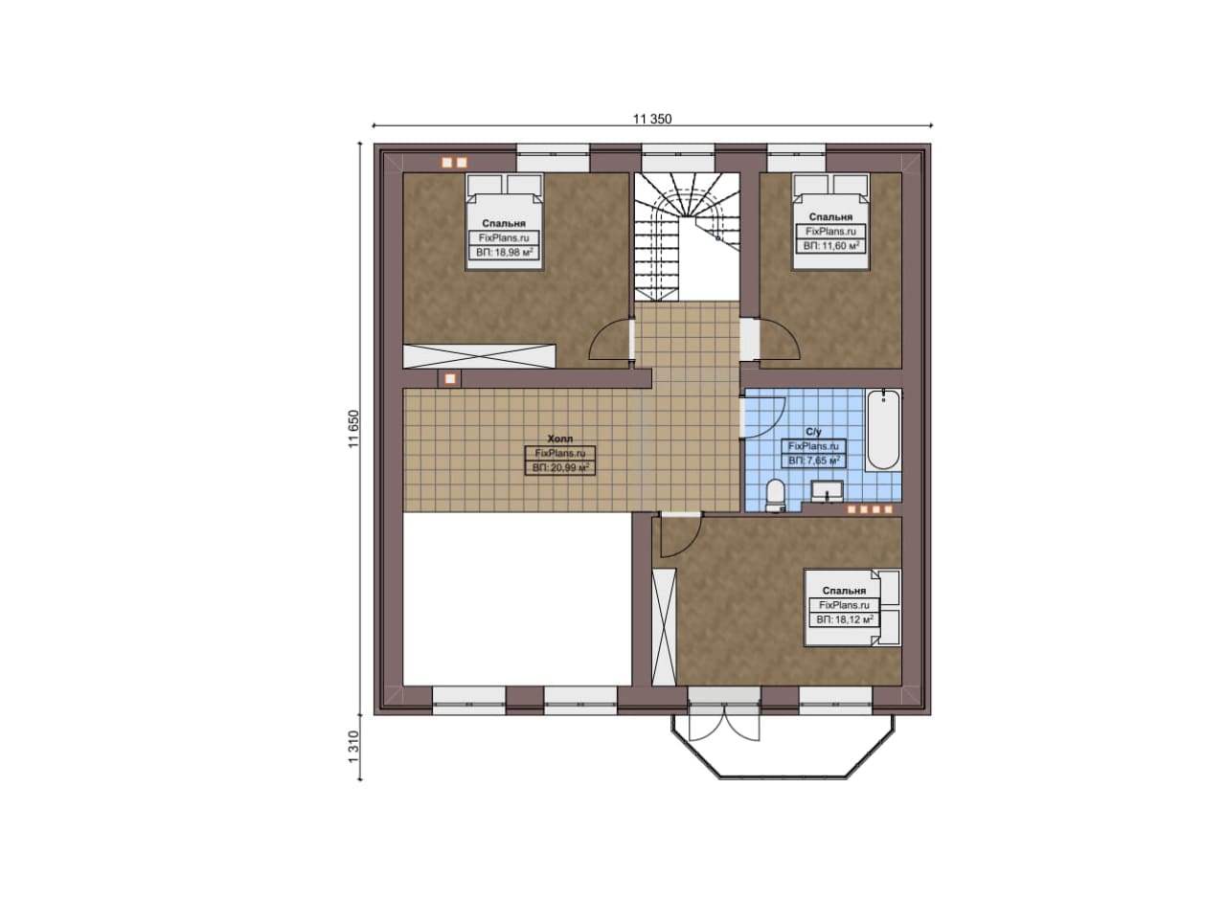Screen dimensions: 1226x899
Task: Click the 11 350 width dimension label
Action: (x=652, y=119)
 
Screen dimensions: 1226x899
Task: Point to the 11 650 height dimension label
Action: (x=354, y=429)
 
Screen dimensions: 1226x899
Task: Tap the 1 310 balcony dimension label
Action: (x=354, y=747)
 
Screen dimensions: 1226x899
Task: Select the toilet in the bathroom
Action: (x=775, y=496)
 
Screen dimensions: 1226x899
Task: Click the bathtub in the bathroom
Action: (x=883, y=430)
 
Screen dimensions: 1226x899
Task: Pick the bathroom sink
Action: (x=827, y=491)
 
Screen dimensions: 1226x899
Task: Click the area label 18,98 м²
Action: (x=504, y=253)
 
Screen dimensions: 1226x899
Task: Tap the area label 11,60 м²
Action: (x=830, y=246)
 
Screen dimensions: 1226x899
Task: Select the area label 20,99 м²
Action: (x=560, y=468)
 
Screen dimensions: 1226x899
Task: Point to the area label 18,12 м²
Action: (x=844, y=619)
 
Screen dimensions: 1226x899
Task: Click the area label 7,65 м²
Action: (x=814, y=461)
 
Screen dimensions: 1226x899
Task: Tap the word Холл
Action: (x=560, y=438)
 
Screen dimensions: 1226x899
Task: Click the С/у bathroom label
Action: (x=814, y=432)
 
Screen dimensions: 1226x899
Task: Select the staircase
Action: (x=687, y=236)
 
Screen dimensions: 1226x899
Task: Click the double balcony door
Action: (x=723, y=722)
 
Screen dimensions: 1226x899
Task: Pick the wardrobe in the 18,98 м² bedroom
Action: (x=479, y=356)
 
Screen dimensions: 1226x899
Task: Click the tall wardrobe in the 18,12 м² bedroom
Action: (x=664, y=627)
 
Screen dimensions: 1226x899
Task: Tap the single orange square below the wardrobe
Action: (x=450, y=378)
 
